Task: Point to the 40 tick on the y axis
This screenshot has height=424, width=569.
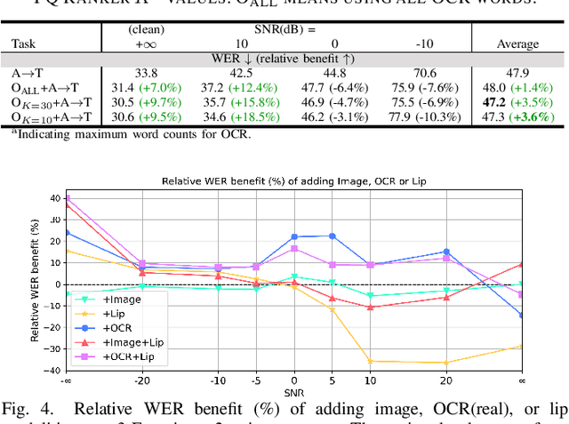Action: click(x=54, y=198)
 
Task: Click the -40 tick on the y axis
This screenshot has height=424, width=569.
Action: click(x=52, y=370)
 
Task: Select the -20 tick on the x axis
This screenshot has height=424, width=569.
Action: click(x=142, y=380)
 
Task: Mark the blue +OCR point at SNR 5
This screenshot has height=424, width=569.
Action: click(x=333, y=236)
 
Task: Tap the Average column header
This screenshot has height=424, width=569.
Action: click(x=518, y=44)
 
